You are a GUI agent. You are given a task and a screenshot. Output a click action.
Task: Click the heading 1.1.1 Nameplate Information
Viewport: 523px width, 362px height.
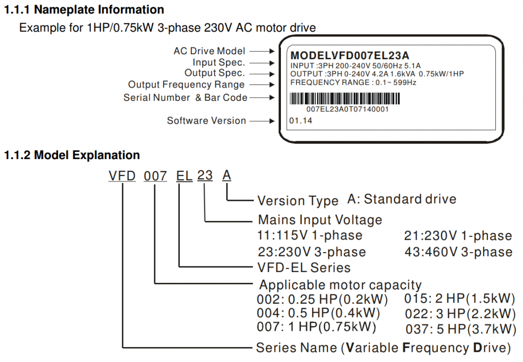click(84, 10)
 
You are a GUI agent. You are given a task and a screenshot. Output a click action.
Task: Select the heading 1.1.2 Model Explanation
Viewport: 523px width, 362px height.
click(72, 155)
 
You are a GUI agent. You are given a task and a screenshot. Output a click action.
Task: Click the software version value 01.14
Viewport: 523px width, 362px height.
click(300, 121)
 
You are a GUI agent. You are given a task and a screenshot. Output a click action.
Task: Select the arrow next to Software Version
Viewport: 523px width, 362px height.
click(263, 121)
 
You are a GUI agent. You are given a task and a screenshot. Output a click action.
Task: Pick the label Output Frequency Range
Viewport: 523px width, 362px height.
click(186, 85)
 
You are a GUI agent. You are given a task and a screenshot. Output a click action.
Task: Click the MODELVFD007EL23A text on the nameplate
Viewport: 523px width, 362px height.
click(350, 55)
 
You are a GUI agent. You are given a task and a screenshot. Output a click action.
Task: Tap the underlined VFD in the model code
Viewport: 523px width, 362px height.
click(122, 176)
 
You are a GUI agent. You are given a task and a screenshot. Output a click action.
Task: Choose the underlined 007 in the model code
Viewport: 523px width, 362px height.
click(155, 176)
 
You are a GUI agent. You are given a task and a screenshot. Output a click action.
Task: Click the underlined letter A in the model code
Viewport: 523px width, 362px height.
click(227, 176)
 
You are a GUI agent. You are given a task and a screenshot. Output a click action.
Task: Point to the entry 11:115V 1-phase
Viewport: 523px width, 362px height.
click(310, 236)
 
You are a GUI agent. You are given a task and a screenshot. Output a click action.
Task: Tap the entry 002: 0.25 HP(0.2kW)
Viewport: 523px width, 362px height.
click(322, 299)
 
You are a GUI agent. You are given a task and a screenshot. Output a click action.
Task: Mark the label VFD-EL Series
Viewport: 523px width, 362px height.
click(304, 267)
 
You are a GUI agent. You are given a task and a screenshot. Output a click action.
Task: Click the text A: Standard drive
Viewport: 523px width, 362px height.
click(402, 199)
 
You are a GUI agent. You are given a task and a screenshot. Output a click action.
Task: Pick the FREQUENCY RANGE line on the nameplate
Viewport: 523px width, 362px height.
click(353, 82)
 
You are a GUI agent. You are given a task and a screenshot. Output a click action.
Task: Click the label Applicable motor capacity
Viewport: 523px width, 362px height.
click(341, 285)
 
